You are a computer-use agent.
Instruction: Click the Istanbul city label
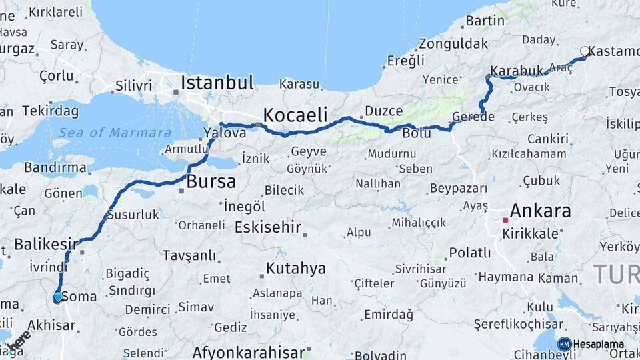[x=217, y=83]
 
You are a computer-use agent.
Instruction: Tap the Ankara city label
[x=541, y=211]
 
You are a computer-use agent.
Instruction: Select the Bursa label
[x=211, y=181]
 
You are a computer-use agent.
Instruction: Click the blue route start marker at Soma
[x=58, y=296]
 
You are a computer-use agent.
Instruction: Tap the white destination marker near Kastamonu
[x=585, y=51]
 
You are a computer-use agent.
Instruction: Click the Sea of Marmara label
[x=114, y=133]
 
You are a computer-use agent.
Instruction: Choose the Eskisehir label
[x=268, y=227]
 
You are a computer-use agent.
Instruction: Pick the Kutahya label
[x=296, y=269]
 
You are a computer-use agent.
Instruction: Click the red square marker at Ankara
[x=505, y=219]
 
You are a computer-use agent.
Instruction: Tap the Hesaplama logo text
[x=598, y=344]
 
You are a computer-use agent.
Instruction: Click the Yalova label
[x=225, y=133]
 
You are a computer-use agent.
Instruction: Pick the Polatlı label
[x=470, y=253]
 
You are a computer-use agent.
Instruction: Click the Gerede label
[x=473, y=117]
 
